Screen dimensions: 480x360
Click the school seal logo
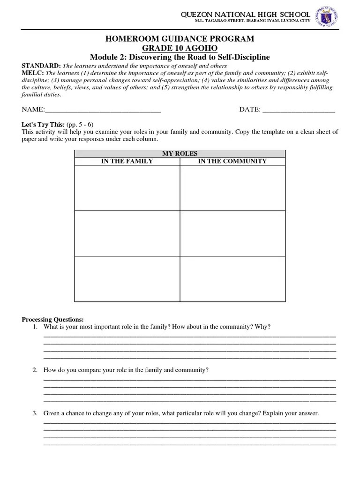(x=327, y=17)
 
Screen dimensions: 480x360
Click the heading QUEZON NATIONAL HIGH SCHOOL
(x=246, y=15)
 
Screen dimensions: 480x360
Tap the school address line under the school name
(x=253, y=22)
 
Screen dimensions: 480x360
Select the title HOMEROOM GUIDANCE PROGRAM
(x=180, y=39)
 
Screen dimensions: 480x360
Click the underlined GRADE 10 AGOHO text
(x=180, y=48)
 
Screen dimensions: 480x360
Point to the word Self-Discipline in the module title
(x=243, y=57)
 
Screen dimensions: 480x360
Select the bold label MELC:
(x=32, y=73)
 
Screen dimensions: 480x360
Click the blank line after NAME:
(x=103, y=110)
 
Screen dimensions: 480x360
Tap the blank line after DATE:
(x=299, y=110)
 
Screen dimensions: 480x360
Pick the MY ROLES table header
(x=180, y=153)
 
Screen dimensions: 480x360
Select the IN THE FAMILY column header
(x=127, y=161)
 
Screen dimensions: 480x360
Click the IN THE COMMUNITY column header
(x=232, y=161)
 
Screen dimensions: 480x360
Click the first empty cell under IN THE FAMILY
(x=127, y=187)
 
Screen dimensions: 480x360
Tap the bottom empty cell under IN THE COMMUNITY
(x=232, y=278)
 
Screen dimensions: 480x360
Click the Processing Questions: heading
(x=53, y=319)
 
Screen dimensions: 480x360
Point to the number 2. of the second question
(x=35, y=370)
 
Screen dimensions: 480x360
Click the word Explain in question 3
(x=273, y=413)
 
